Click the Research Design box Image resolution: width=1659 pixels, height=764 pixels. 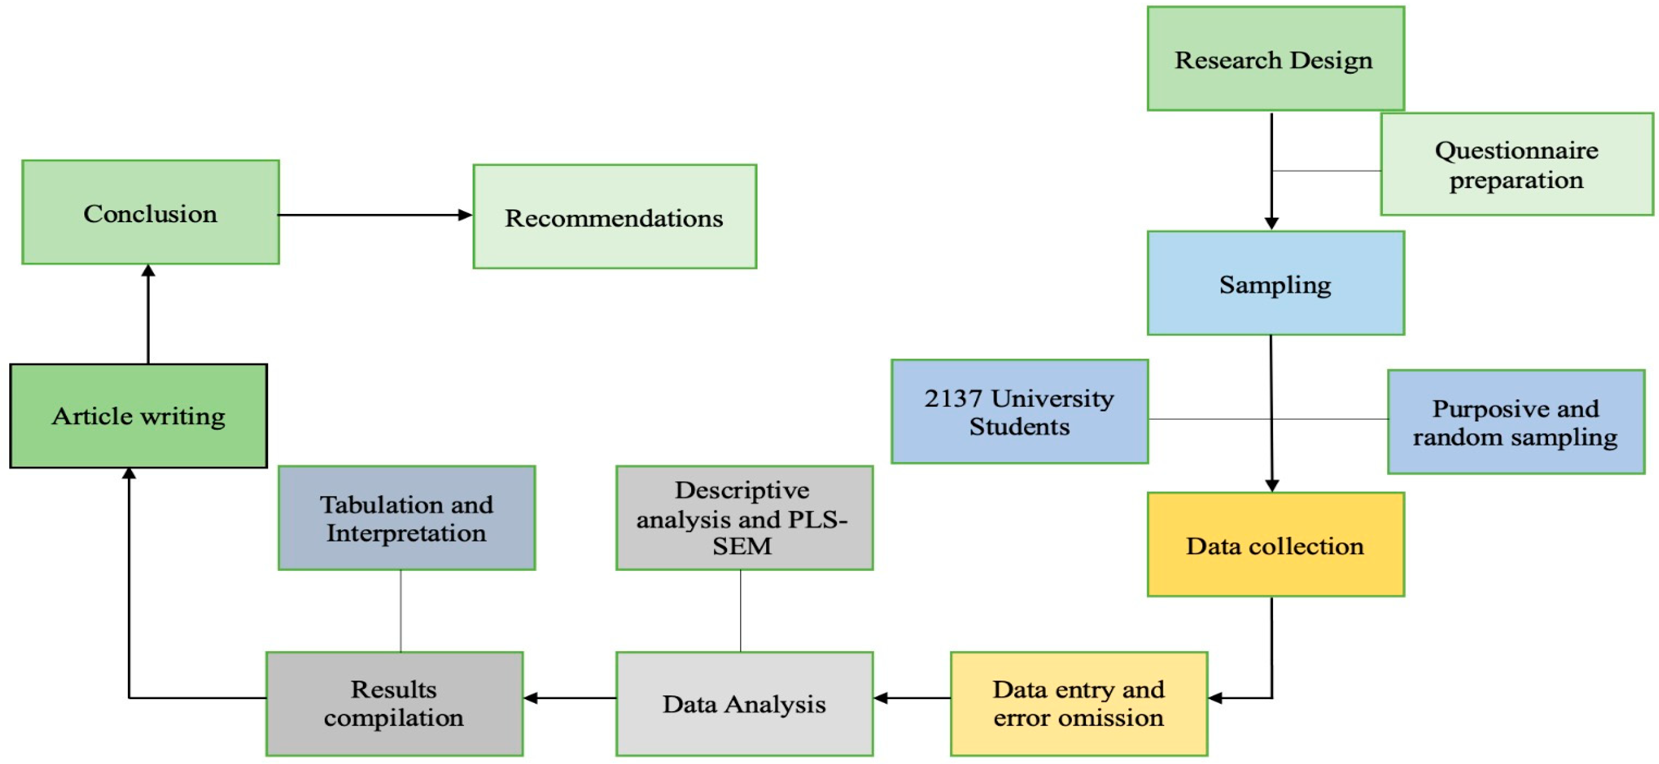[x=1275, y=59]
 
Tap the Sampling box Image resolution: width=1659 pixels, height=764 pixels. [x=1275, y=283]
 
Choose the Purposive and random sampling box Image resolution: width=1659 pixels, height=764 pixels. [x=1516, y=422]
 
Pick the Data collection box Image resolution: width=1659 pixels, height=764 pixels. [x=1275, y=545]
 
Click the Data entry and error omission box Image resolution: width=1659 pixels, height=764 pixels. [x=1079, y=703]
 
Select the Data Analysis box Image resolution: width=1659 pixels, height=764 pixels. [x=744, y=703]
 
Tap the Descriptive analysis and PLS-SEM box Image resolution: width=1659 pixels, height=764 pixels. [x=744, y=518]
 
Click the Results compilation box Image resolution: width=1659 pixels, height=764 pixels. [x=394, y=703]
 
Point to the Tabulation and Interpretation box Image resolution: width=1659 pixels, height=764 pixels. [x=406, y=518]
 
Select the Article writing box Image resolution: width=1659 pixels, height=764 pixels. [x=139, y=416]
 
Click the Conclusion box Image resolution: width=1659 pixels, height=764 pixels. [x=150, y=213]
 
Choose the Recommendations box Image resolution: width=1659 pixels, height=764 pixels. [x=614, y=217]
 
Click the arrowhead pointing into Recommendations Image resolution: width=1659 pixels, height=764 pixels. [x=465, y=215]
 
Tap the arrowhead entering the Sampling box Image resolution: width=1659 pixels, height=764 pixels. [x=1271, y=223]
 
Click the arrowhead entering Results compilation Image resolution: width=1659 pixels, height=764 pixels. [x=530, y=698]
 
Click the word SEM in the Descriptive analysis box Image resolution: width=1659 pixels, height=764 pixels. [x=742, y=546]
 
